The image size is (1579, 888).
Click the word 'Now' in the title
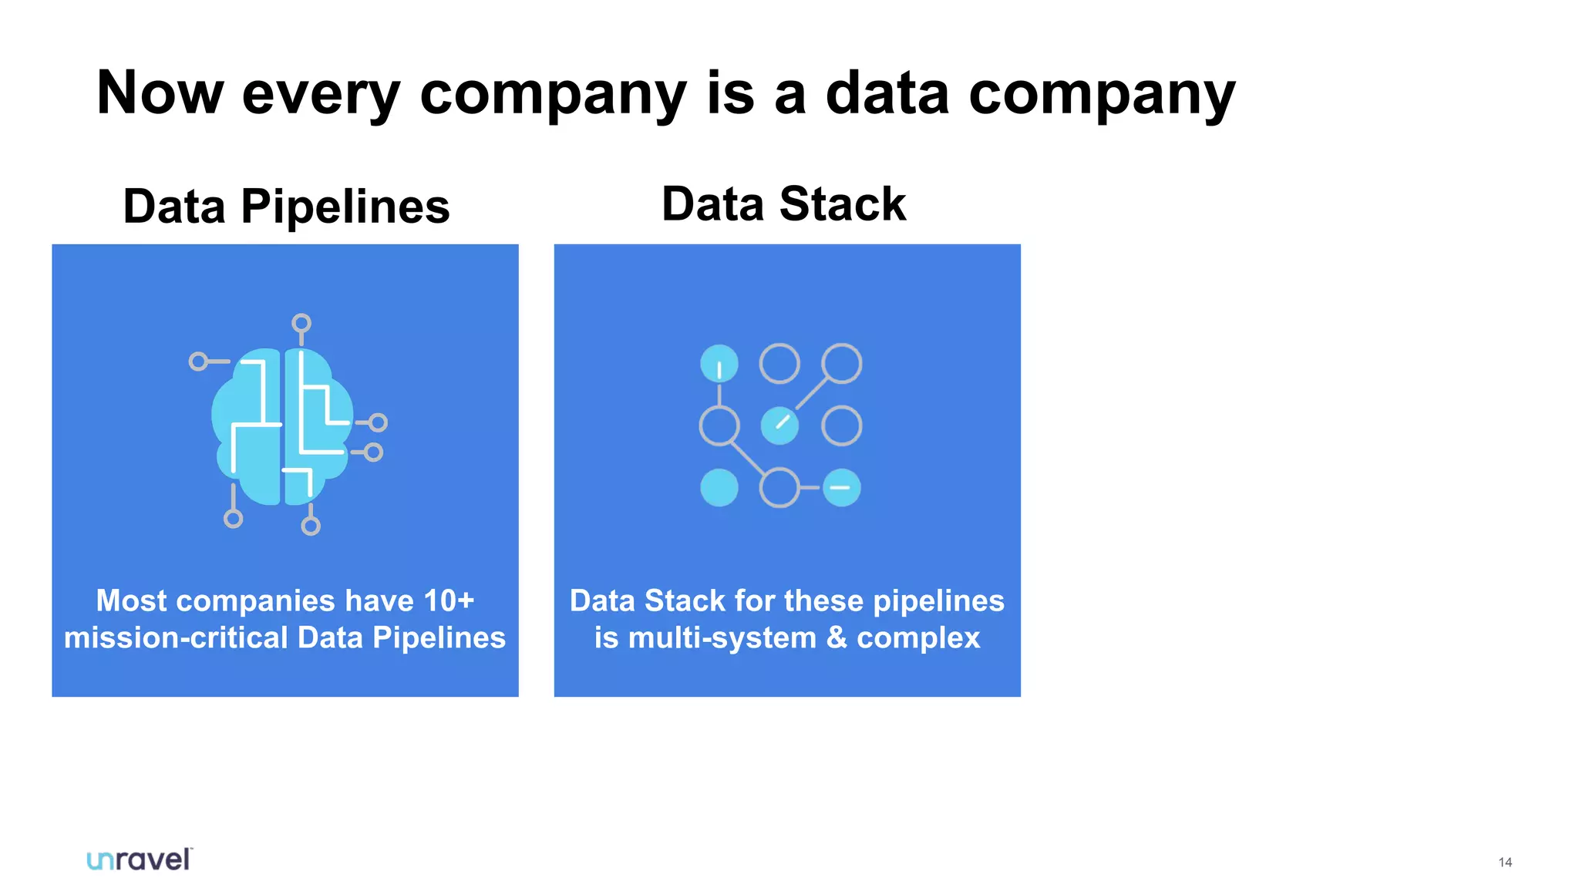coord(160,92)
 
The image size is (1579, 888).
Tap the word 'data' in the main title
coord(887,92)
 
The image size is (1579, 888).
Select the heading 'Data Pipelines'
coord(286,207)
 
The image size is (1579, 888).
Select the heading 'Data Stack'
coord(783,204)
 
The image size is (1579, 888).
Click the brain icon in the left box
coord(282,426)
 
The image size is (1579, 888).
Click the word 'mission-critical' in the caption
coord(176,637)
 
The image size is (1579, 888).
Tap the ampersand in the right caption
coord(837,637)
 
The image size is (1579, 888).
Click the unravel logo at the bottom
coord(139,859)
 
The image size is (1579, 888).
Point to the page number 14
coord(1505,863)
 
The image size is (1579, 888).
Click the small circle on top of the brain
coord(301,323)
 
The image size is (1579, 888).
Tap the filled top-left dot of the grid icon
coord(719,364)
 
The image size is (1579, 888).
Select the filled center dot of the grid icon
coord(779,425)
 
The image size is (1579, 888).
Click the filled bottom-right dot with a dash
coord(841,487)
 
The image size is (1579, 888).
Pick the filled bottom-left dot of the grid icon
coord(719,487)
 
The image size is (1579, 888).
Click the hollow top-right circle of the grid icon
coord(841,364)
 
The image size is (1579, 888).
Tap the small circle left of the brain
coord(198,361)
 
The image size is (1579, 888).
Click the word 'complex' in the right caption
coord(918,637)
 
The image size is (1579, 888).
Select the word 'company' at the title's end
coord(1102,92)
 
